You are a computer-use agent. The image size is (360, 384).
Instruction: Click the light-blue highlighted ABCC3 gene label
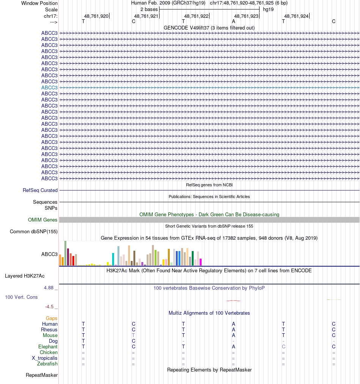[x=49, y=87]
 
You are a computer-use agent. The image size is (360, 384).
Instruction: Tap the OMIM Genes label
[x=43, y=220]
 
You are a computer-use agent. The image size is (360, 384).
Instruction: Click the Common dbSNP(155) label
[x=34, y=232]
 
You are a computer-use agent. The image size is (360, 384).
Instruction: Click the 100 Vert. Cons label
[x=21, y=297]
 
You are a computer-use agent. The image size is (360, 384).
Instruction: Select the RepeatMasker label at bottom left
[x=42, y=375]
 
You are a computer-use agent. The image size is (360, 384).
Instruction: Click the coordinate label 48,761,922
[x=196, y=16]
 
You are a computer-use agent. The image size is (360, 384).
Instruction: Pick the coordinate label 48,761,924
[x=296, y=16]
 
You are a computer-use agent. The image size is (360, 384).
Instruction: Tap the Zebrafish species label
[x=47, y=364]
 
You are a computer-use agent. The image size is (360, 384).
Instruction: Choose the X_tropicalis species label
[x=45, y=358]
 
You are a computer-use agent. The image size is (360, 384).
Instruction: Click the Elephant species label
[x=48, y=347]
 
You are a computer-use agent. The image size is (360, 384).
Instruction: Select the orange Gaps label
[x=52, y=318]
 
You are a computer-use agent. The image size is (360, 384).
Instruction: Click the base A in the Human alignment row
[x=233, y=324]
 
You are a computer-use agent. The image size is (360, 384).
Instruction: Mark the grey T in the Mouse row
[x=133, y=336]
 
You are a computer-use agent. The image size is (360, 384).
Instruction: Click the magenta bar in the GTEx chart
[x=201, y=262]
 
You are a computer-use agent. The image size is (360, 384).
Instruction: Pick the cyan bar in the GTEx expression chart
[x=113, y=259]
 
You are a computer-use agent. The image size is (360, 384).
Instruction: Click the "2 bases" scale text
[x=149, y=9]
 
